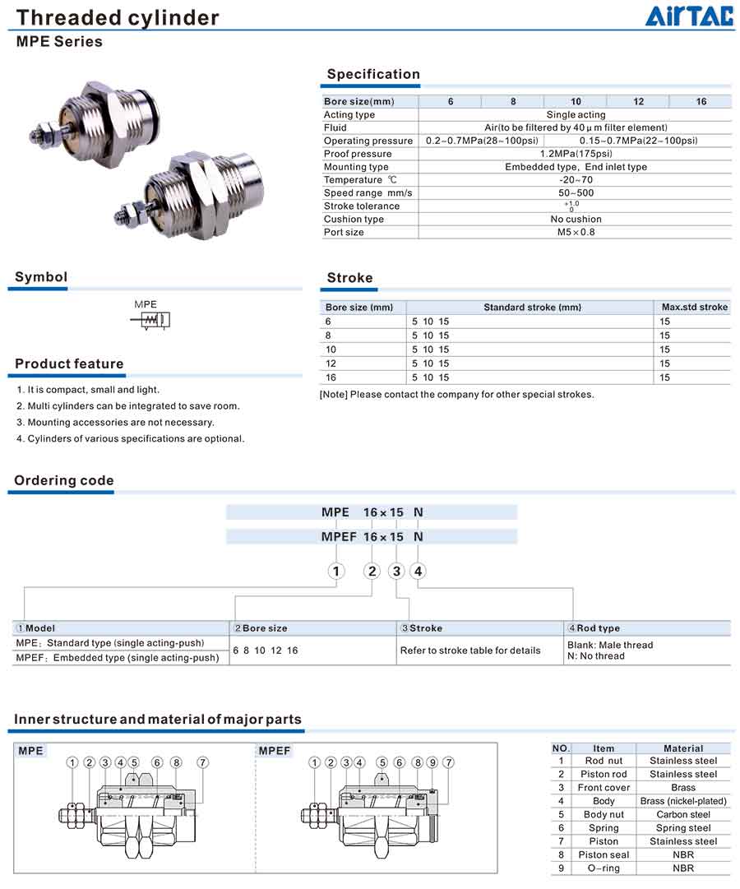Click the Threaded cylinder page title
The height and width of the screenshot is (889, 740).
click(x=118, y=17)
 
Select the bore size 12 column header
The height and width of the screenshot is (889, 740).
click(x=638, y=101)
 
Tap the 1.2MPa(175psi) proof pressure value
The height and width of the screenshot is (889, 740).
click(x=576, y=154)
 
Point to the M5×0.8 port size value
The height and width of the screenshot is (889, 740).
click(x=576, y=232)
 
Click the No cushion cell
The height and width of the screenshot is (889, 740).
click(x=576, y=219)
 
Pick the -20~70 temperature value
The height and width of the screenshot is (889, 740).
click(x=576, y=180)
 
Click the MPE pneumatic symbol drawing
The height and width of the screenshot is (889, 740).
click(x=151, y=319)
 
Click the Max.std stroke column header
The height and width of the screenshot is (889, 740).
click(x=695, y=307)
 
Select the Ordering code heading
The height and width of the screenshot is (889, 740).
click(x=64, y=480)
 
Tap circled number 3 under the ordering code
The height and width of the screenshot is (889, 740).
click(x=397, y=571)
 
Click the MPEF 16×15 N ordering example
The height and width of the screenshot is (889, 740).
click(x=372, y=536)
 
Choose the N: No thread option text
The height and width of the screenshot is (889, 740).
click(x=596, y=655)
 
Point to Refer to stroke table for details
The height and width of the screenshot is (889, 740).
click(x=470, y=650)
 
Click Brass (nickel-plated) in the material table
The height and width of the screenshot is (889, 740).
click(x=683, y=801)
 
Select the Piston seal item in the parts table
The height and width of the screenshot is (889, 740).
click(x=604, y=854)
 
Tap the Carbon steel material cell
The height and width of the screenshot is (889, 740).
click(x=683, y=814)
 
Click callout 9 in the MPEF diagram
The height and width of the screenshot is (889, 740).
click(x=432, y=762)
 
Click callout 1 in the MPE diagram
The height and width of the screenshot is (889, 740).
click(x=72, y=762)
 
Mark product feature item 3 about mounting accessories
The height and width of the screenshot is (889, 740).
click(x=115, y=422)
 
